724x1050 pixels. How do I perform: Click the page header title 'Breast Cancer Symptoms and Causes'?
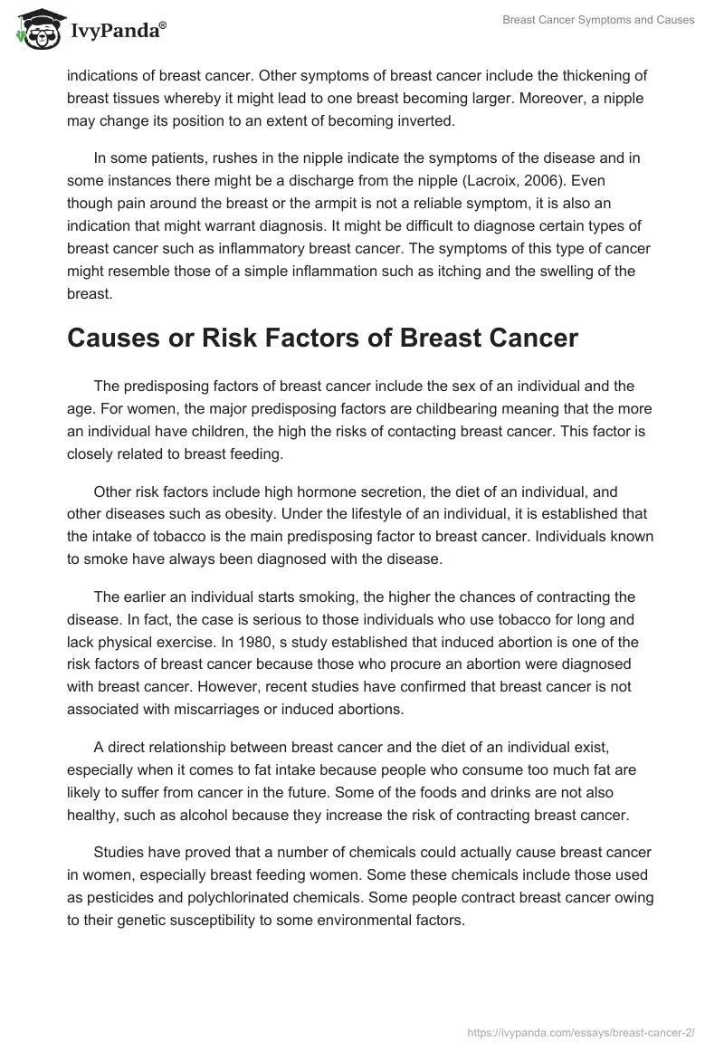pyautogui.click(x=598, y=21)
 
